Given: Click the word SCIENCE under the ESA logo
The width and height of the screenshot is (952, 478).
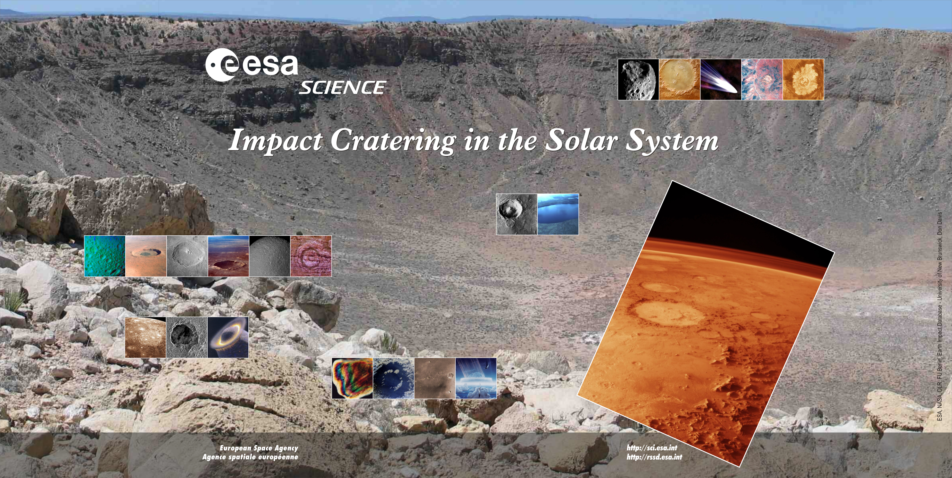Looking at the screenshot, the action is pos(342,88).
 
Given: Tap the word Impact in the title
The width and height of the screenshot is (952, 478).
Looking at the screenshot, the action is pos(275,141).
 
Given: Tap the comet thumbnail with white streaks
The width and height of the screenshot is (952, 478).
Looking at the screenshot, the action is pos(721,79).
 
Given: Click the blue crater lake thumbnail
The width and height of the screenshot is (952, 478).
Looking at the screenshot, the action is pos(558,214).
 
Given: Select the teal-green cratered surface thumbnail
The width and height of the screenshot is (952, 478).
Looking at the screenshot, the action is pos(105,256).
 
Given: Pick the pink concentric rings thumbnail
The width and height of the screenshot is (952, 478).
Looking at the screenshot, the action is pos(311,256).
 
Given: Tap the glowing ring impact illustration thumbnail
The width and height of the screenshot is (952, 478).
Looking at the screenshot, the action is pos(228,337).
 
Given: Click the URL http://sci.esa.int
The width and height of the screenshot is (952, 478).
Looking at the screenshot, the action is pos(652,448).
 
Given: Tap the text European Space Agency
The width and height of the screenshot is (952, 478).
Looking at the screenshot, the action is pos(259,448).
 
